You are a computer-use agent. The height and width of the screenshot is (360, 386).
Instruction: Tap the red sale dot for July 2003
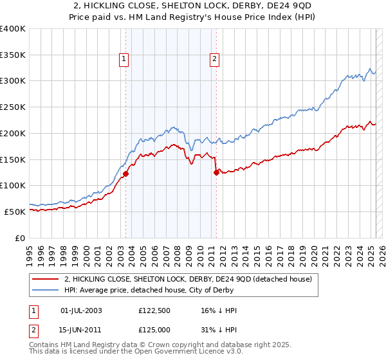pos(126,174)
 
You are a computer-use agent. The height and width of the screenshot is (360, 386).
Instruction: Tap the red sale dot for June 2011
pos(216,172)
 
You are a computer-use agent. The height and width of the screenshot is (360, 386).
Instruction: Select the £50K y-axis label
pos(15,211)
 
